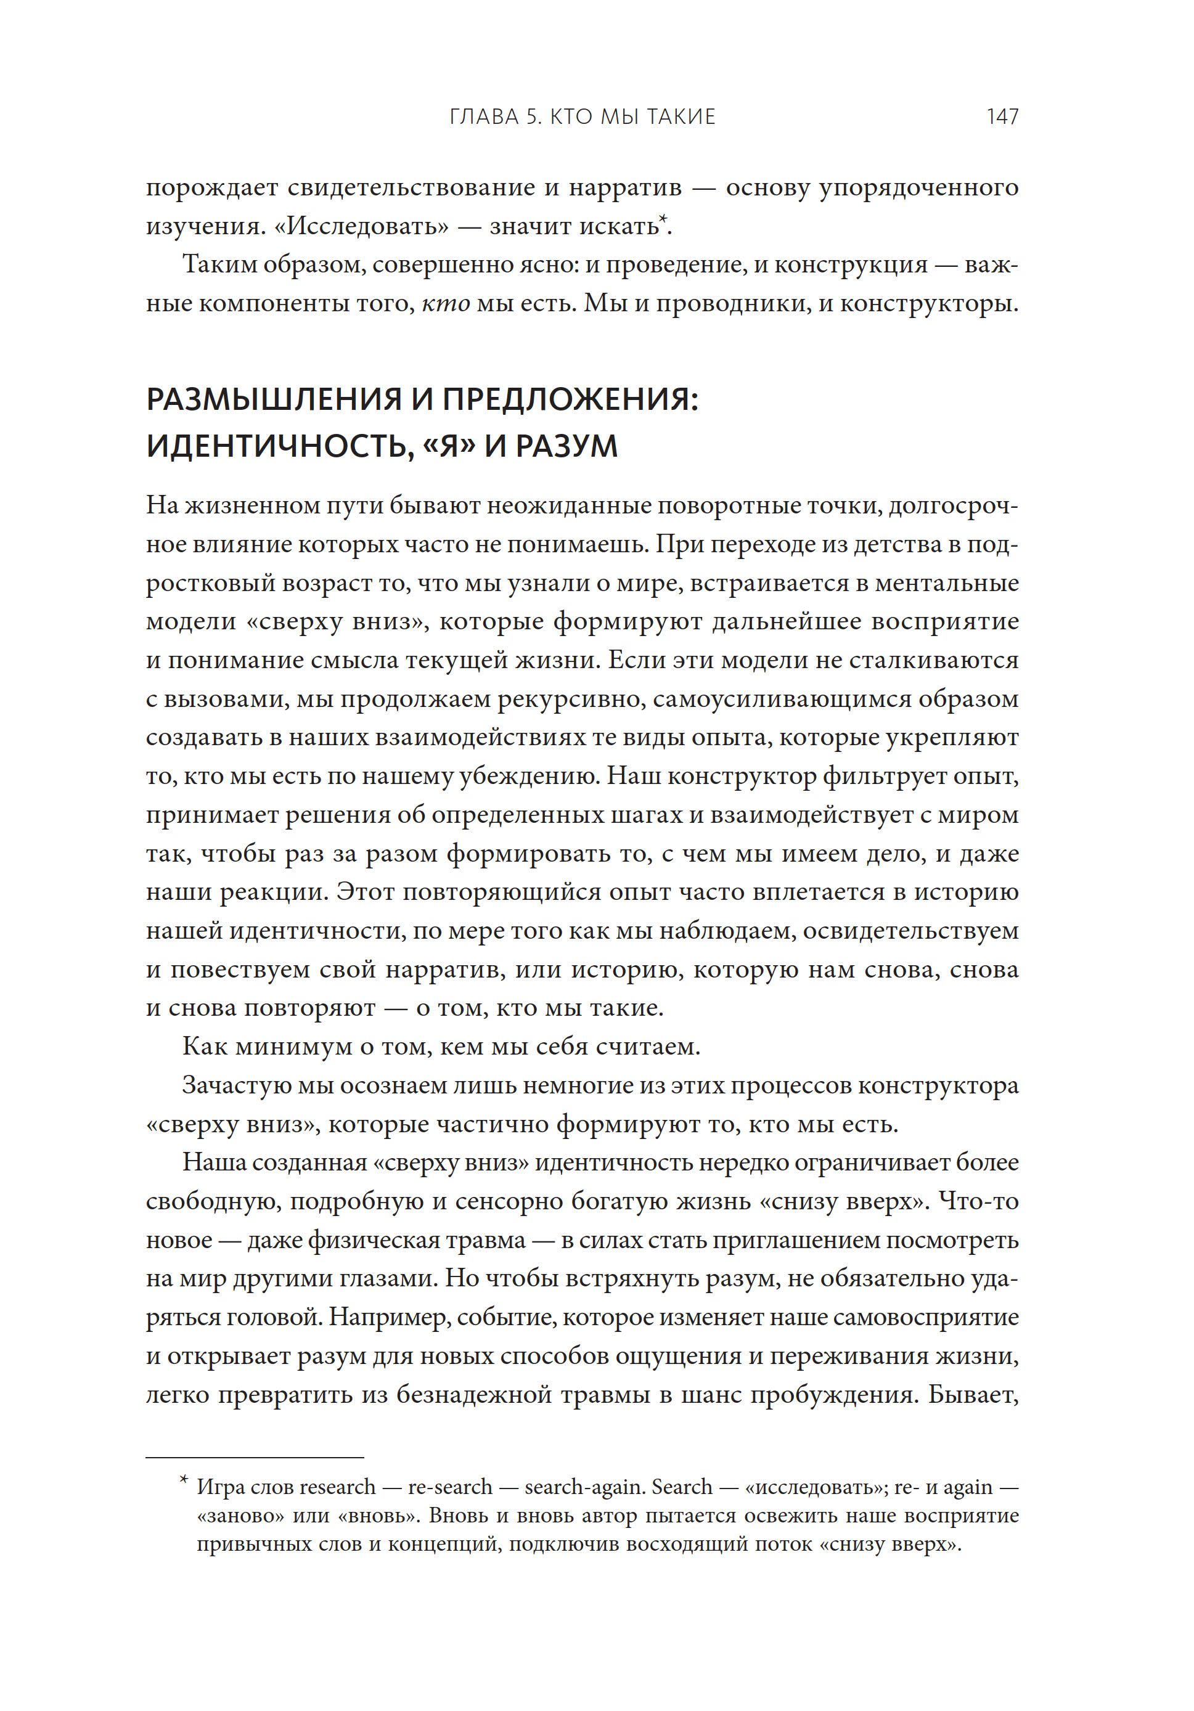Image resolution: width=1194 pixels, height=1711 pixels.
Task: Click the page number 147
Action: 1002,116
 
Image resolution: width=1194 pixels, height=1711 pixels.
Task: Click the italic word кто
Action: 446,303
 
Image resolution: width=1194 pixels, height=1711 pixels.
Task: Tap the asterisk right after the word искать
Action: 663,218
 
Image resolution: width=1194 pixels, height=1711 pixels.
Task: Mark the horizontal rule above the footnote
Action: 254,1457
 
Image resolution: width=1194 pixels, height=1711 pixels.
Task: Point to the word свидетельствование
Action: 411,187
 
